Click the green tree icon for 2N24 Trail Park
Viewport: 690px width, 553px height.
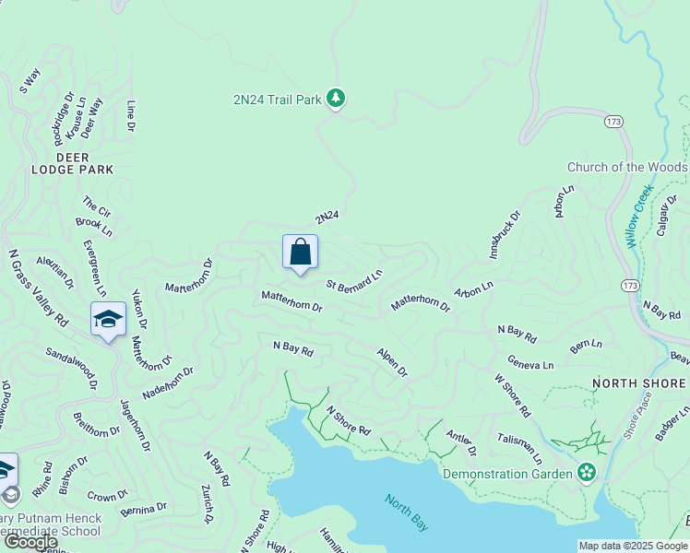click(x=336, y=99)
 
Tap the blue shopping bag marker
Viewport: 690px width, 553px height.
click(x=300, y=253)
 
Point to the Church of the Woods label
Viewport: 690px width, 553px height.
click(x=626, y=167)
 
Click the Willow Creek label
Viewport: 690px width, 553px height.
click(x=638, y=216)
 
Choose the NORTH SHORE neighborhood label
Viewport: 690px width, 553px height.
click(x=638, y=382)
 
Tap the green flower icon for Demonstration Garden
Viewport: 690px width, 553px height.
click(x=585, y=473)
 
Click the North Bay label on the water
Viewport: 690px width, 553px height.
click(x=407, y=512)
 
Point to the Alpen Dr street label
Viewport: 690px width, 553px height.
click(x=392, y=361)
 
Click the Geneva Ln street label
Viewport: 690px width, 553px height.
click(x=530, y=364)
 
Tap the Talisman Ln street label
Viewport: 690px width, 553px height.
click(x=519, y=449)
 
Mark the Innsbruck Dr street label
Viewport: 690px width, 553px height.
click(x=504, y=234)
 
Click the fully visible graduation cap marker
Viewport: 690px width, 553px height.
click(x=108, y=320)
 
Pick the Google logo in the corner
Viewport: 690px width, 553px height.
click(x=30, y=542)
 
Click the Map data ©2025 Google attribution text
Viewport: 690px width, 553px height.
click(x=633, y=546)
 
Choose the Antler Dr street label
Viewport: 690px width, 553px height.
click(x=460, y=444)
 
